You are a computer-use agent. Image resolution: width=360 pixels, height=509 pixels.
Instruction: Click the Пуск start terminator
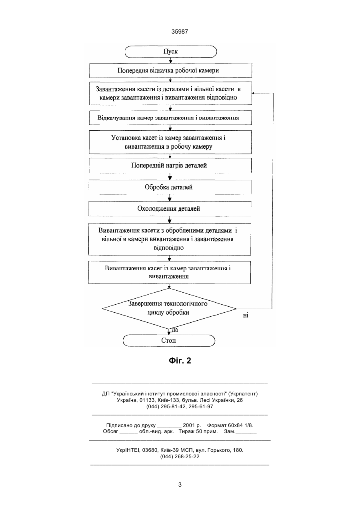(171, 51)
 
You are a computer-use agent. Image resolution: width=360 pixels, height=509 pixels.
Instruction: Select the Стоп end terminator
(169, 340)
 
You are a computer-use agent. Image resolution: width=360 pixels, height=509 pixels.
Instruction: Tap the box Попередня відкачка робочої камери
(170, 70)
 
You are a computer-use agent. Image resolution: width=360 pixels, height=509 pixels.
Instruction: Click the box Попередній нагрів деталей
(170, 166)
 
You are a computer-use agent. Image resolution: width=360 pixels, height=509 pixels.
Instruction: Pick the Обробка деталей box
(170, 187)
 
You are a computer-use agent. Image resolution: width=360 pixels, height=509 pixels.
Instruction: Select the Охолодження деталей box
(170, 209)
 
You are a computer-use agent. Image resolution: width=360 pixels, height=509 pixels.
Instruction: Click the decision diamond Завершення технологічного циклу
(169, 308)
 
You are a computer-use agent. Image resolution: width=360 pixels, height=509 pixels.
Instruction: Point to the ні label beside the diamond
(246, 315)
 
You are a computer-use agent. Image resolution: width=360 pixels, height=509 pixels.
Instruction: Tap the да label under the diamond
(175, 330)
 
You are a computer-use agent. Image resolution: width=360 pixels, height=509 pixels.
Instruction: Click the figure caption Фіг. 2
(180, 361)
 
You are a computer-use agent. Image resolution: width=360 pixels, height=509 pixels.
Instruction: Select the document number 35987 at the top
(180, 32)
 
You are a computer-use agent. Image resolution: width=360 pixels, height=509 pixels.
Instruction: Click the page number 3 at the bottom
(180, 485)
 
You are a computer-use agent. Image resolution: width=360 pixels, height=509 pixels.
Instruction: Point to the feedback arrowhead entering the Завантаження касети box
(253, 93)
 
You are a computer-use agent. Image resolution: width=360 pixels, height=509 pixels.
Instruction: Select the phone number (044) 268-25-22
(180, 457)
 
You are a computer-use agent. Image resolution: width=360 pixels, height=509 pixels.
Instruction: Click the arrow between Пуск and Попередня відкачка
(171, 60)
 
